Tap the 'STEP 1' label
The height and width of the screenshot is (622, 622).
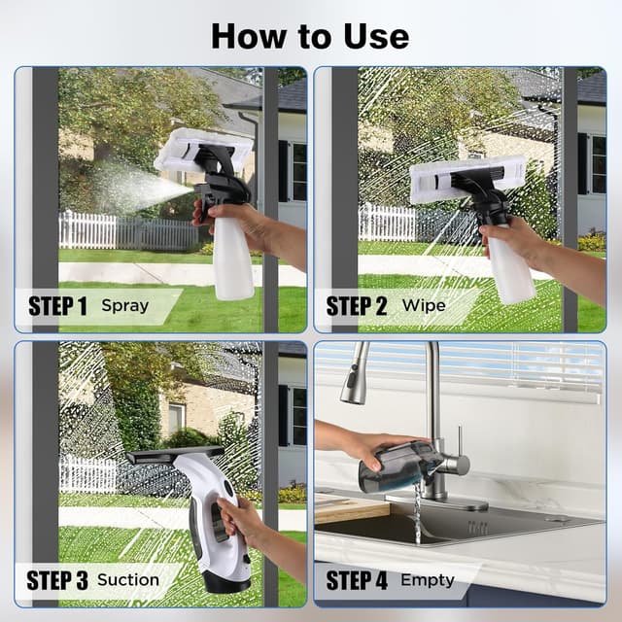57,306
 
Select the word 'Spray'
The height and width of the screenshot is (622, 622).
125,306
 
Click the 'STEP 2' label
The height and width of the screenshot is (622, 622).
357,306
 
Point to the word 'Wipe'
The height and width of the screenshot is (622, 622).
424,306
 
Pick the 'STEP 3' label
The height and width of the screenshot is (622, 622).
57,580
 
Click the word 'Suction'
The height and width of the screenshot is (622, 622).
128,580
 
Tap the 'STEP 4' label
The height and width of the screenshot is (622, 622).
357,580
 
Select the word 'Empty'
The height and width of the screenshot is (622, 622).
428,580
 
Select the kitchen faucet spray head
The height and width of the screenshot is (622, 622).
355,382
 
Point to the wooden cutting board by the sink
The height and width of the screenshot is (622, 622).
350,508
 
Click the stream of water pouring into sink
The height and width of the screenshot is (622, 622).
418,513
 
